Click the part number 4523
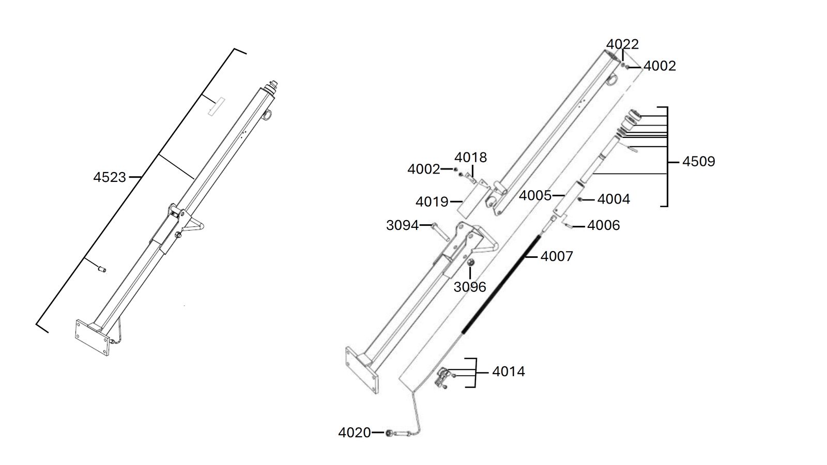tap(110, 178)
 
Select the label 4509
tap(698, 162)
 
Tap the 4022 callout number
tap(622, 44)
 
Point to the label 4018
tap(471, 158)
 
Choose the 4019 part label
tap(432, 202)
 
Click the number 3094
tap(403, 225)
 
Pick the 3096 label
tap(470, 287)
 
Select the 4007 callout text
tap(557, 256)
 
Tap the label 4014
tap(509, 371)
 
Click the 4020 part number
tap(355, 432)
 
